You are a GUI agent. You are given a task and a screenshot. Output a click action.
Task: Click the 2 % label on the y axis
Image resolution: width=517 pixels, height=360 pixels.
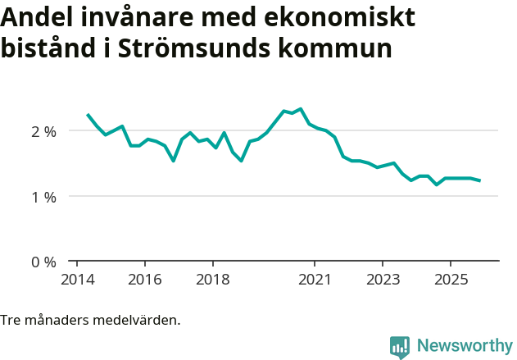43,131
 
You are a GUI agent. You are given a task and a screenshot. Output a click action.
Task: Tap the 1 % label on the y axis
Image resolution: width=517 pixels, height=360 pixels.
43,197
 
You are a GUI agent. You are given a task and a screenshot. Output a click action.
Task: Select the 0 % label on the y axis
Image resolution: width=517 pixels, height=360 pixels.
43,262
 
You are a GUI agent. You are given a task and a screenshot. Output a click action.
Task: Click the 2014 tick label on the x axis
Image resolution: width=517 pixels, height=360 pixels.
77,279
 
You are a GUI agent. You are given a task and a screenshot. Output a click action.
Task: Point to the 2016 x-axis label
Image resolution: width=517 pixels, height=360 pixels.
144,279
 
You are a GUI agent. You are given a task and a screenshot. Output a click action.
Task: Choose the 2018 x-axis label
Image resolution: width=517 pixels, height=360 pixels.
212,279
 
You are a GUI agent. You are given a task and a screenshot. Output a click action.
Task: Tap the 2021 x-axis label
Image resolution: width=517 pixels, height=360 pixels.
315,279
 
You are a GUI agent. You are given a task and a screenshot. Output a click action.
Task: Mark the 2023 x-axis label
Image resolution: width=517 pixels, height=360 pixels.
382,279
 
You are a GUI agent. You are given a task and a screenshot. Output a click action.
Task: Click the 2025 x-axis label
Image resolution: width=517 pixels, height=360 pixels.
450,279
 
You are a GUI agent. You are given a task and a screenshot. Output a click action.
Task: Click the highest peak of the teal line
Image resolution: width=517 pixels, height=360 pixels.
301,108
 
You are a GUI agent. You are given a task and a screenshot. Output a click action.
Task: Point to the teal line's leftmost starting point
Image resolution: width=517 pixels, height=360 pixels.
88,115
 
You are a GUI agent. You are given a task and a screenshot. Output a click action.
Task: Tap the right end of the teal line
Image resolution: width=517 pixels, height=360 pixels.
479,180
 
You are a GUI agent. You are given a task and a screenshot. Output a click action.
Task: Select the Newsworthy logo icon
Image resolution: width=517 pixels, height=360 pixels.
400,346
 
